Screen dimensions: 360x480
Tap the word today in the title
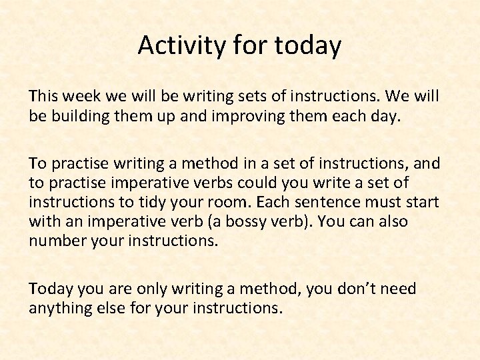pyautogui.click(x=309, y=45)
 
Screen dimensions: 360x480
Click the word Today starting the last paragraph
pyautogui.click(x=51, y=289)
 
